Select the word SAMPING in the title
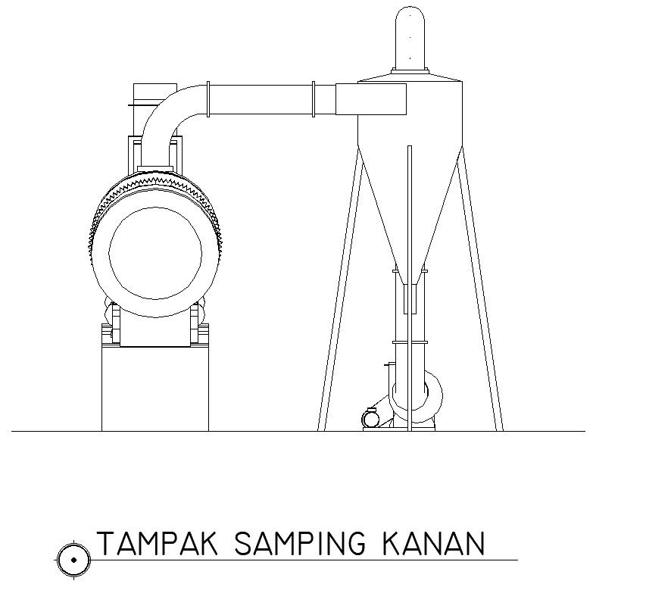point(300,544)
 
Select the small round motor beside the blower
point(371,417)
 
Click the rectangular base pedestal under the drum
point(155,390)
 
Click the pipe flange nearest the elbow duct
point(208,100)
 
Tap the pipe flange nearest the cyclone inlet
point(313,100)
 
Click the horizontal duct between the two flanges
point(261,100)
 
